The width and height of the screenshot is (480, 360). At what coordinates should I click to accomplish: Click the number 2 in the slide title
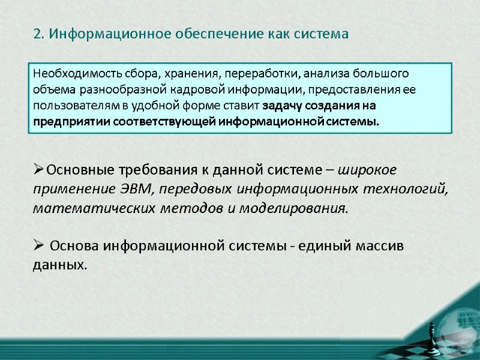click(37, 34)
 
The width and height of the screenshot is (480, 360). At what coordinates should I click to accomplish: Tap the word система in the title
click(321, 34)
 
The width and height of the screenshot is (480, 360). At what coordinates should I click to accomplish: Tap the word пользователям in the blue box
click(70, 106)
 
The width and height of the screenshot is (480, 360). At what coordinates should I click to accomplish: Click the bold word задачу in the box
click(281, 106)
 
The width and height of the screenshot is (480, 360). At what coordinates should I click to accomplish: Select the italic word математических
click(80, 208)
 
